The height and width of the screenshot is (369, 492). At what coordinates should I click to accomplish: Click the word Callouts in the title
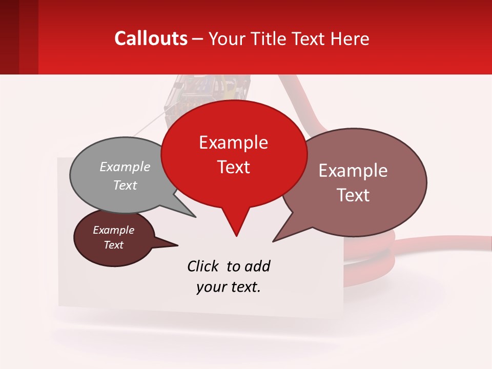(151, 38)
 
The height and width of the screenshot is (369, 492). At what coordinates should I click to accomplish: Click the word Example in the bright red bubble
(233, 142)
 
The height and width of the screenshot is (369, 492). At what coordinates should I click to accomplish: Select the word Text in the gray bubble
(125, 185)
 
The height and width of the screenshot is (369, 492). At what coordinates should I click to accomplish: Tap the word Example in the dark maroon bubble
(113, 230)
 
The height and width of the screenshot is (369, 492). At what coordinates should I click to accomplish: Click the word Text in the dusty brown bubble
(354, 195)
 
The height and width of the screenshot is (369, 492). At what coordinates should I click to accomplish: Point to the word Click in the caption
(203, 266)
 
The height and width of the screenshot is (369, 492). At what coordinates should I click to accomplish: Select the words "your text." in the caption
(228, 287)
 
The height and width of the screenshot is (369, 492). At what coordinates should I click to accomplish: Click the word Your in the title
(228, 38)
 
